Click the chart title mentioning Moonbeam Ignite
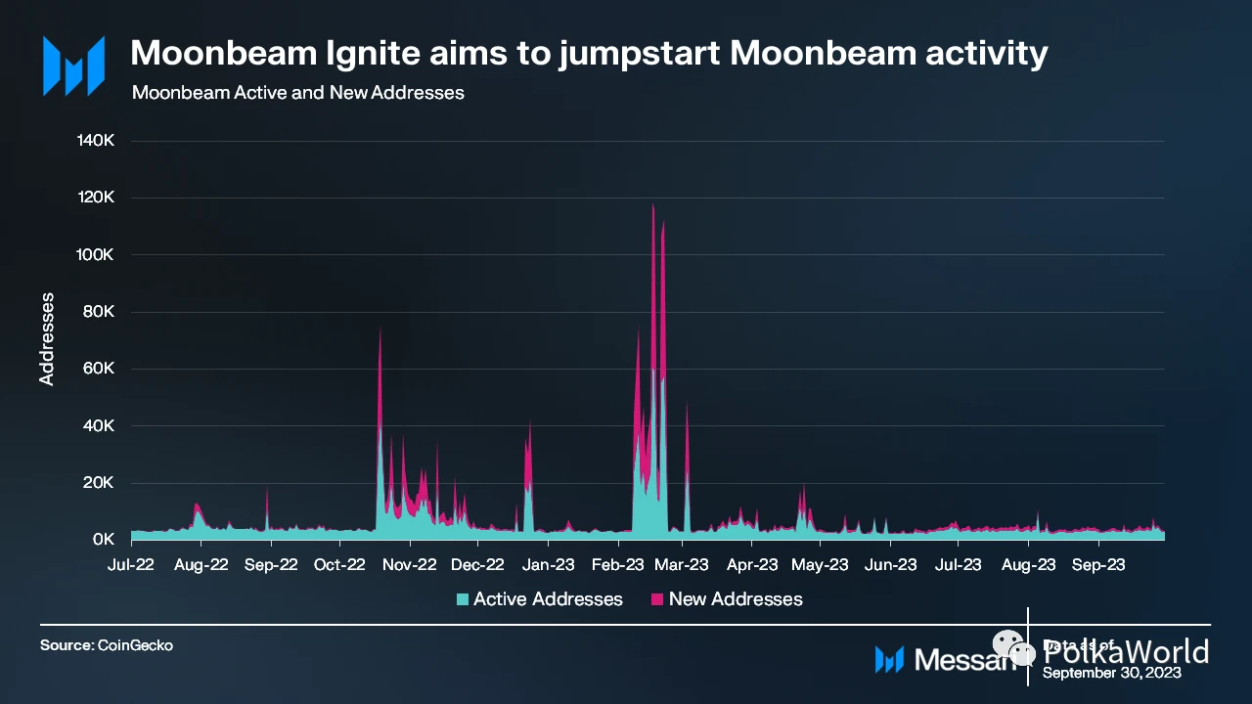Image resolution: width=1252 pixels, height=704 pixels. (589, 54)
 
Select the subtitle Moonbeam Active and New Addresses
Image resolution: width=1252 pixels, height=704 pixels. (297, 93)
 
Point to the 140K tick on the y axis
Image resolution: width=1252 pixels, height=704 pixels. (96, 141)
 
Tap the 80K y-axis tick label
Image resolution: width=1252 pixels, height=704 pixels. (100, 312)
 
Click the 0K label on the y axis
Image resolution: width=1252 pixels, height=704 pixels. (104, 540)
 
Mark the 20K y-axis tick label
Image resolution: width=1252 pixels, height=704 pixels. (100, 483)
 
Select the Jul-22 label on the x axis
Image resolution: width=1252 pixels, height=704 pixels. (131, 564)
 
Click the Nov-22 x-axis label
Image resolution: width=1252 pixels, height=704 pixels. (409, 564)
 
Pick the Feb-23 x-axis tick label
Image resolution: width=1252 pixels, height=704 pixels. (618, 564)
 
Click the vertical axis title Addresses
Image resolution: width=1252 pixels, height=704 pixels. (46, 338)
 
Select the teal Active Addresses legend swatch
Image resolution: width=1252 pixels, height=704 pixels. (463, 599)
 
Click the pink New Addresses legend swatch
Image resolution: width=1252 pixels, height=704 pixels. (657, 599)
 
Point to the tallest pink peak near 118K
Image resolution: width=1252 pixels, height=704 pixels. (652, 205)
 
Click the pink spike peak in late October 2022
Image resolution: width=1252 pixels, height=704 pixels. (380, 329)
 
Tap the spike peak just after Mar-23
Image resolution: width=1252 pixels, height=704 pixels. (687, 403)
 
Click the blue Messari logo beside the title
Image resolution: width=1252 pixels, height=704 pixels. (73, 66)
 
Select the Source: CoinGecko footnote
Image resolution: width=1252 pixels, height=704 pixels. (107, 646)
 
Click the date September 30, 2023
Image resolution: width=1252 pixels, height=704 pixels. (1111, 673)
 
